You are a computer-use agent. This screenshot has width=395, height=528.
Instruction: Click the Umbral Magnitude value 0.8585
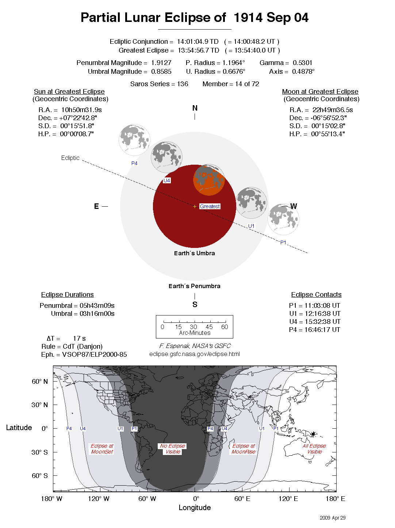161,72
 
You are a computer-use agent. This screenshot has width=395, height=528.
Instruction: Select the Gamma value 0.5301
302,63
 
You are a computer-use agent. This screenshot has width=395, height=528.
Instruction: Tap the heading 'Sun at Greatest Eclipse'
69,92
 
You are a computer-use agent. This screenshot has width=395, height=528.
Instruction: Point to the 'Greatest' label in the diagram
210,206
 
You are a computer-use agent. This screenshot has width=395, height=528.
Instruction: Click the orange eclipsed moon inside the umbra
209,180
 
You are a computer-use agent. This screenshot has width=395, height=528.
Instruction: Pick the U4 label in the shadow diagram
167,180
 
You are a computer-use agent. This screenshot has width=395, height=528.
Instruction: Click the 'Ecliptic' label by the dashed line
70,158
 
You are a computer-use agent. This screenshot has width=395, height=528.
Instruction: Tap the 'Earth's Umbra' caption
194,253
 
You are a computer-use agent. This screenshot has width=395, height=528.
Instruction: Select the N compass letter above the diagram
195,108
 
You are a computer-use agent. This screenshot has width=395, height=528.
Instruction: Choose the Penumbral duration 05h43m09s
97,306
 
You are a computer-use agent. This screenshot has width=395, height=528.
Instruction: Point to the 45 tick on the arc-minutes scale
209,327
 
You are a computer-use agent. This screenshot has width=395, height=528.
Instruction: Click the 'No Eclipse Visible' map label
173,449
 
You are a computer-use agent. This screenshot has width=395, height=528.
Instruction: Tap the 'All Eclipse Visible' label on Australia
314,449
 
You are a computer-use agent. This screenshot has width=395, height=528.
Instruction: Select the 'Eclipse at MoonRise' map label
243,449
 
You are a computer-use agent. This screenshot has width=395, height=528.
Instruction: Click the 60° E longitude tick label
242,499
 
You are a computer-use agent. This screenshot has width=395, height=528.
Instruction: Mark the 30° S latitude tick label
39,452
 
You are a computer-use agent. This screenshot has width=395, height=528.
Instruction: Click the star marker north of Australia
313,434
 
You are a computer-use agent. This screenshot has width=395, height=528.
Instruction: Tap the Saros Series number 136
183,84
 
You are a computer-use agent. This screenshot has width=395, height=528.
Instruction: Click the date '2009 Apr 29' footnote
332,518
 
